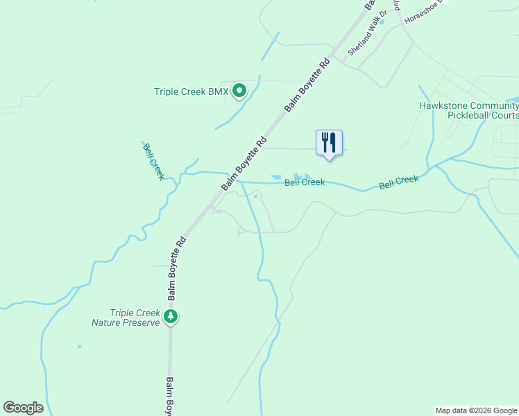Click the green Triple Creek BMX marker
(239, 90)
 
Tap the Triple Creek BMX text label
(191, 92)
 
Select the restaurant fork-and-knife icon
(329, 143)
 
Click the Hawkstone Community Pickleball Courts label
(468, 110)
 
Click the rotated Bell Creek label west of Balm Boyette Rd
(153, 162)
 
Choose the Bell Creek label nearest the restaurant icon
(305, 182)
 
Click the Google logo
(23, 408)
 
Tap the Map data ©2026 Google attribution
(476, 410)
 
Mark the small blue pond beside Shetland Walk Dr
(381, 21)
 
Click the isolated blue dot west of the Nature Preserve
(80, 346)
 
